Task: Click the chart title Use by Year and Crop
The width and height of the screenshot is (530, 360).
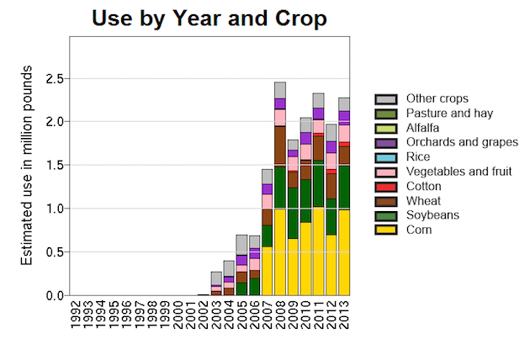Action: pos(209,18)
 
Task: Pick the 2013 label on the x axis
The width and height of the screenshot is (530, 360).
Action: pos(344,313)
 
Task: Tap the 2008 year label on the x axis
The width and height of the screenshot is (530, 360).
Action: pos(280,313)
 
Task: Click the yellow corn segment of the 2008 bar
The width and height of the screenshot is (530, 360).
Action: pos(280,252)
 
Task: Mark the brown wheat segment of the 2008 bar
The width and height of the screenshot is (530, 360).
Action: pos(280,145)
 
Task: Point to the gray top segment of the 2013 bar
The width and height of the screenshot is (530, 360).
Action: pos(344,104)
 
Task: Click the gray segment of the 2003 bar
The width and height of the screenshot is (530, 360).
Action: pos(216,278)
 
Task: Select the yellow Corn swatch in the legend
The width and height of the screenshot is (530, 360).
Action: pos(386,230)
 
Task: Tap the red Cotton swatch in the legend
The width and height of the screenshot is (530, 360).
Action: pos(386,186)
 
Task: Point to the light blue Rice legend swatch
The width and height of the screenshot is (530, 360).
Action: pos(386,157)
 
